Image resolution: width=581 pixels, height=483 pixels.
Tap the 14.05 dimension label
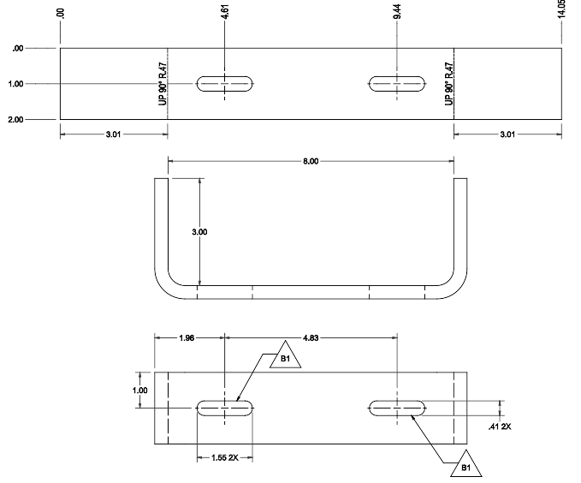tap(562, 11)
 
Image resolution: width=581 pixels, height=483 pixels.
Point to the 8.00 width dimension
tap(311, 161)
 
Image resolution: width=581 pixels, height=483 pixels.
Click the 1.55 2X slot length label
tap(225, 458)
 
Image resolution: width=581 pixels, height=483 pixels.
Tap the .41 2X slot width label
tap(499, 426)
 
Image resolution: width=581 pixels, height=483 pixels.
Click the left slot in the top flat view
tap(225, 84)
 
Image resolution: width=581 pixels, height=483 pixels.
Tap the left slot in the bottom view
tap(225, 408)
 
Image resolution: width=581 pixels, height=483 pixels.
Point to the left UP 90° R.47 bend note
tap(162, 84)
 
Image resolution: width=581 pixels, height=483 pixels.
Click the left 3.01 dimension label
tap(113, 134)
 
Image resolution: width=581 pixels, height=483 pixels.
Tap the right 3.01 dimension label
tap(507, 134)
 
